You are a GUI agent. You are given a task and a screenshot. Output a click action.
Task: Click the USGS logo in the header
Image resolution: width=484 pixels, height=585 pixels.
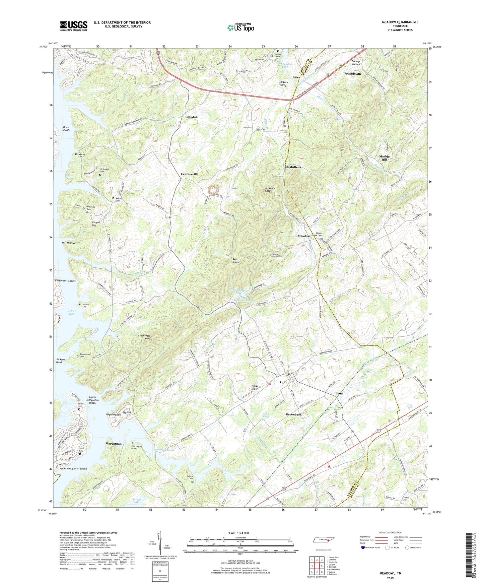[x=74, y=26]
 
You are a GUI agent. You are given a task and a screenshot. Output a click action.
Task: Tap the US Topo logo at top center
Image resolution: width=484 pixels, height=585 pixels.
[x=240, y=27]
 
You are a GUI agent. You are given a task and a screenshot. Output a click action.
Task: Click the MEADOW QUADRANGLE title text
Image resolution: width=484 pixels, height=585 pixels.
[x=400, y=22]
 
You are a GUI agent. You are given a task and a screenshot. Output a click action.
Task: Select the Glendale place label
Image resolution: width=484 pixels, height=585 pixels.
[x=192, y=117]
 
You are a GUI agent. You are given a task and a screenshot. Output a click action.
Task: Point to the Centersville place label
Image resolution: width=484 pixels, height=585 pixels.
[x=190, y=174]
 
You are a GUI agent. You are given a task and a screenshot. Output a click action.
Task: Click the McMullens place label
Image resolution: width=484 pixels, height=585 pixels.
[x=293, y=167]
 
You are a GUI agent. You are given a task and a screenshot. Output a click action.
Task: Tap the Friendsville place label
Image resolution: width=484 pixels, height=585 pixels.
[x=353, y=74]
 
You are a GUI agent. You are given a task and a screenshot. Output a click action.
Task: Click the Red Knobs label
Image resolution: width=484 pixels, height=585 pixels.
[x=236, y=261]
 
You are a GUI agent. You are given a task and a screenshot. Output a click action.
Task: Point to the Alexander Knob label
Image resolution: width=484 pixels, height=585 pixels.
[x=271, y=190]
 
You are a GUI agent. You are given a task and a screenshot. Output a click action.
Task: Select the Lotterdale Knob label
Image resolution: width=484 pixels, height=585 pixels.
[x=144, y=337]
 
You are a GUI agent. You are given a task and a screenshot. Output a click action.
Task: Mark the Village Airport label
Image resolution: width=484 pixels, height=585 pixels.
[x=255, y=387]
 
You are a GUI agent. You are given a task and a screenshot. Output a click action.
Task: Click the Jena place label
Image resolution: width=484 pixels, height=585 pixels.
[x=339, y=393]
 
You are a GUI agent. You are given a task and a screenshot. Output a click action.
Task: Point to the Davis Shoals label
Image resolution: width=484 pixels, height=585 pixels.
[x=66, y=129]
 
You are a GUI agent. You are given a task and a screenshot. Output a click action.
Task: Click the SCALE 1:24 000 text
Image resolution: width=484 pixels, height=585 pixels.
[x=238, y=533]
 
